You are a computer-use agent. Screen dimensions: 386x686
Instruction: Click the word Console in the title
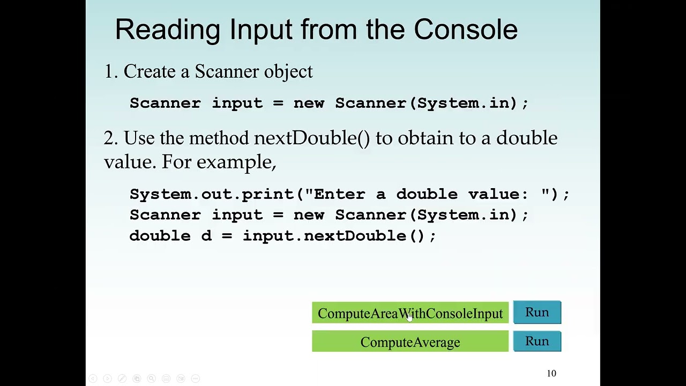[465, 29]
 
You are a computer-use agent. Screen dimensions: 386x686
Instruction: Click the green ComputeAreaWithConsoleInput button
[410, 313]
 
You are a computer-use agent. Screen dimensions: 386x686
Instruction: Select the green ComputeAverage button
[410, 342]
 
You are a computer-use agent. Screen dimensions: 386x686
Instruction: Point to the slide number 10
[551, 373]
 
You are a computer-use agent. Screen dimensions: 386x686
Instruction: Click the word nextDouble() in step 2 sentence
[311, 138]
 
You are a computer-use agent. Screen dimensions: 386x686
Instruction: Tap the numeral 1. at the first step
[110, 72]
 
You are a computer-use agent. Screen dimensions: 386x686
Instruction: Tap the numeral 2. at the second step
[110, 138]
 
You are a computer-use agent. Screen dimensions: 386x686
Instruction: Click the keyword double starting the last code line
[160, 236]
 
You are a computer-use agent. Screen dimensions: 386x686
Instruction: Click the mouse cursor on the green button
[409, 317]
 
